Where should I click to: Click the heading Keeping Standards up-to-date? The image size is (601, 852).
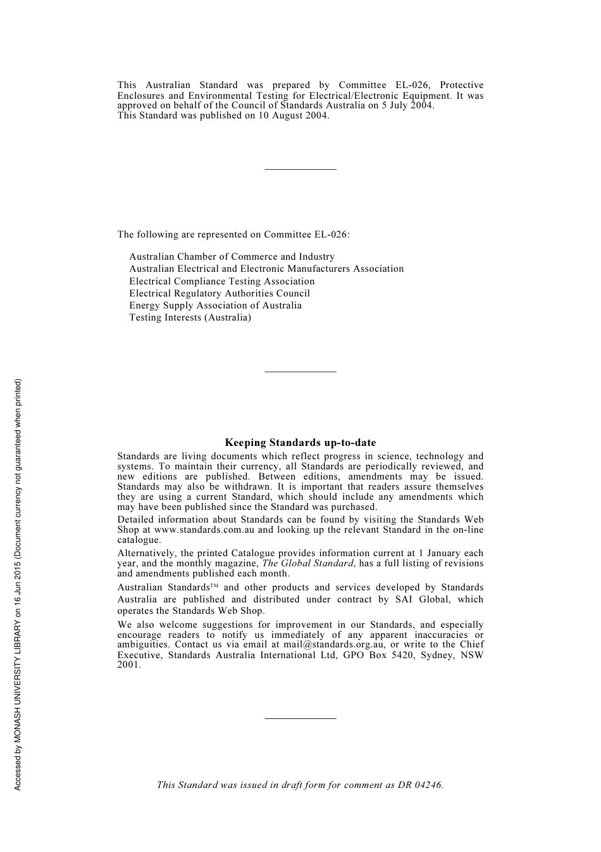tap(300, 443)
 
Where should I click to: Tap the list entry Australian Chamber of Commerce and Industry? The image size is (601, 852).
tap(232, 257)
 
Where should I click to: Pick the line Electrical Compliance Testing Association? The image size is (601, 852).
tap(221, 281)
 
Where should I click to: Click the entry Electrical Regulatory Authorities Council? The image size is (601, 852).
tap(220, 293)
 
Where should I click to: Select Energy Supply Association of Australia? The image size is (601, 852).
tap(215, 305)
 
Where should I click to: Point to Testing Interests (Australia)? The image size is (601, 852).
tap(190, 317)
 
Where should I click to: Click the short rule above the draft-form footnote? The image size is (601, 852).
tap(300, 718)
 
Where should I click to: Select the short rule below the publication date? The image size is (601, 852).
tap(300, 169)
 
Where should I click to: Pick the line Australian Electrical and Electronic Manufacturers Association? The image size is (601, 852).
tap(266, 269)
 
